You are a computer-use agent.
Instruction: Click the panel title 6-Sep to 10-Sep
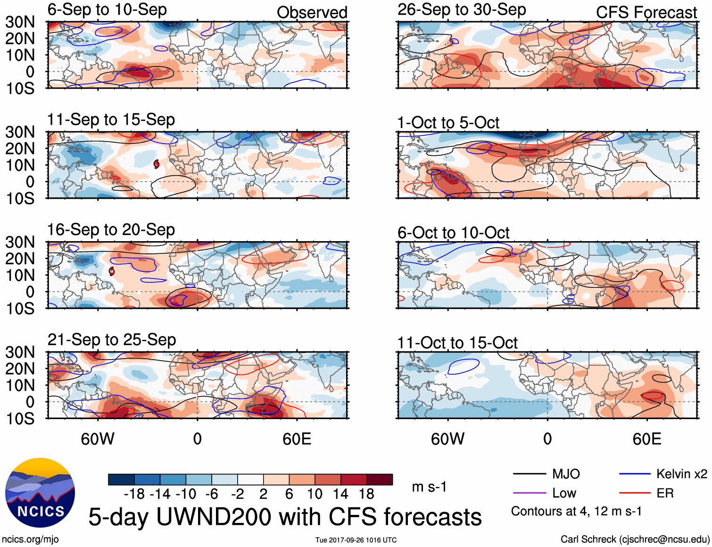tap(107, 10)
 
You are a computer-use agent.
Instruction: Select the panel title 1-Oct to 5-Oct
tap(448, 123)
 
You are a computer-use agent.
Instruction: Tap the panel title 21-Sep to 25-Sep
tap(112, 340)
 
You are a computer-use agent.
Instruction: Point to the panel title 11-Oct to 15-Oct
tap(457, 343)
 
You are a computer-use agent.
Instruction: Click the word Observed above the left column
tap(312, 13)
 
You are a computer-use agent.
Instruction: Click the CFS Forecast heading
tap(646, 13)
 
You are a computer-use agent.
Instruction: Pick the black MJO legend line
tap(529, 474)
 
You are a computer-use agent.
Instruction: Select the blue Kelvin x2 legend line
tap(635, 474)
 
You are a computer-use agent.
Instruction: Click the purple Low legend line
tap(529, 493)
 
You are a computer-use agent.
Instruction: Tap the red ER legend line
tap(635, 493)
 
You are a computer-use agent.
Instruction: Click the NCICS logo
tap(40, 493)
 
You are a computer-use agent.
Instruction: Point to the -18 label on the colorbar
tap(134, 494)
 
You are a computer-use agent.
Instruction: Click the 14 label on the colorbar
tap(340, 494)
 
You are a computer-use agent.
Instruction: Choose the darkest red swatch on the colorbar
tap(380, 480)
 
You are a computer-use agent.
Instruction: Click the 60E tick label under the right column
tap(646, 439)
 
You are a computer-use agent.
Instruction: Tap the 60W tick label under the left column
tap(98, 439)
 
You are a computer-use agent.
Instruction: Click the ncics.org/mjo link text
tap(30, 539)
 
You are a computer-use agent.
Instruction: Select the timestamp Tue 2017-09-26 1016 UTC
tap(356, 540)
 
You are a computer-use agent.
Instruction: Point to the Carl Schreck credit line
tap(635, 539)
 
